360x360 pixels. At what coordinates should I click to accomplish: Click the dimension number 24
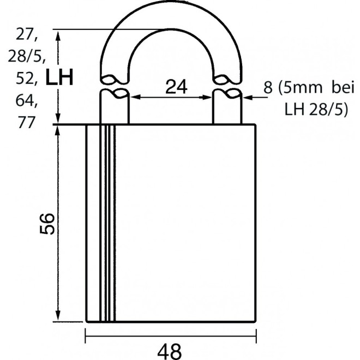pyautogui.click(x=176, y=87)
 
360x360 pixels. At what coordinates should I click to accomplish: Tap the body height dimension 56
pyautogui.click(x=47, y=224)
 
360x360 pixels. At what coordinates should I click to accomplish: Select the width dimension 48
pyautogui.click(x=170, y=352)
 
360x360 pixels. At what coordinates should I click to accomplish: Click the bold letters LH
pyautogui.click(x=59, y=77)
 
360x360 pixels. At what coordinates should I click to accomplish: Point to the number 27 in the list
pyautogui.click(x=26, y=34)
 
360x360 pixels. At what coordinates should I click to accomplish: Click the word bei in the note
pyautogui.click(x=343, y=87)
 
